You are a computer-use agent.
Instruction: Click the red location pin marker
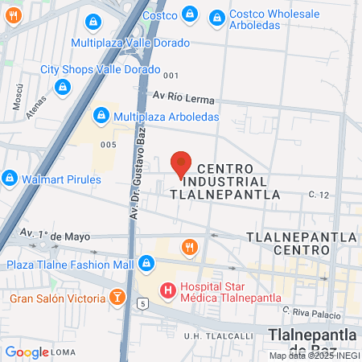coord(182,163)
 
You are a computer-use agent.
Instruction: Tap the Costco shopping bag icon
coord(189,14)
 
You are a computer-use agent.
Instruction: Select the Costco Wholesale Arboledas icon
coord(216,17)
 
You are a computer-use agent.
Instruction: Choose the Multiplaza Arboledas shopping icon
coord(101,117)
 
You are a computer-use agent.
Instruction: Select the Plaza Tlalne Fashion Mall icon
coord(146,263)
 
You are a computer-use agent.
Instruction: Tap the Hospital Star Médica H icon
coord(168,290)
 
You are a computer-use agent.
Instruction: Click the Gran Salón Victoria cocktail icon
coord(117,298)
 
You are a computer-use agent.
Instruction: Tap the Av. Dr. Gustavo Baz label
coord(138,172)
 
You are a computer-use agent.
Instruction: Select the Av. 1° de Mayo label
coord(54,237)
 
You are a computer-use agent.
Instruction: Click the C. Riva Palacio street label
coord(308,310)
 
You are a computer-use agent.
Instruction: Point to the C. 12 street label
coord(320,195)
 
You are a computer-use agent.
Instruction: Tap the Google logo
coord(27,352)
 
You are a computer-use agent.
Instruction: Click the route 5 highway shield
coord(142,303)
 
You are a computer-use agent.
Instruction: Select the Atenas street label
coord(36,115)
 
